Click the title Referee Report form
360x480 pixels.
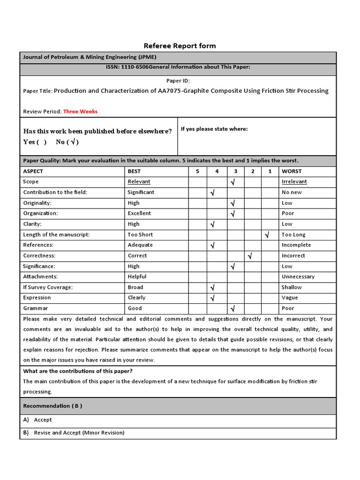pyautogui.click(x=180, y=45)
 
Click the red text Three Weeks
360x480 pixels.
pyautogui.click(x=80, y=112)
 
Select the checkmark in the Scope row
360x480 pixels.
pyautogui.click(x=233, y=182)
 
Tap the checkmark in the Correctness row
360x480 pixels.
pyautogui.click(x=250, y=256)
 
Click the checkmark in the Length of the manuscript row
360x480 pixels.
pyautogui.click(x=267, y=235)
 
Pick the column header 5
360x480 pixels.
pyautogui.click(x=197, y=172)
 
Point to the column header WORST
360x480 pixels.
pyautogui.click(x=292, y=172)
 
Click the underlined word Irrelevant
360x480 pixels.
pyautogui.click(x=294, y=182)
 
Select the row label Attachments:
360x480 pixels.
pyautogui.click(x=40, y=277)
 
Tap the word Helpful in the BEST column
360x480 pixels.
pyautogui.click(x=137, y=277)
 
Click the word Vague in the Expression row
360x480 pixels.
pyautogui.click(x=290, y=298)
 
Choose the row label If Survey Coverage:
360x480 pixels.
pyautogui.click(x=48, y=287)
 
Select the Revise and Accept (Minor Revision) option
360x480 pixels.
pyautogui.click(x=79, y=433)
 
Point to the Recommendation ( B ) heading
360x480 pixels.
pyautogui.click(x=52, y=406)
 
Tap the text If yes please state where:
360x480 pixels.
pyautogui.click(x=214, y=129)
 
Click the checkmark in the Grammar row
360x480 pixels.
pyautogui.click(x=233, y=308)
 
